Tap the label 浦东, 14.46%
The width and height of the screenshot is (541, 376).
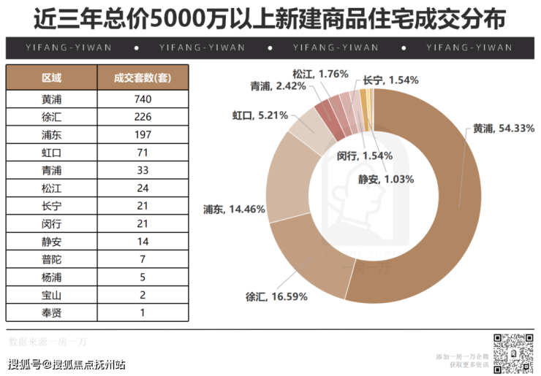pos(234,210)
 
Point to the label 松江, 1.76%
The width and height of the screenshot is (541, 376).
pos(319,74)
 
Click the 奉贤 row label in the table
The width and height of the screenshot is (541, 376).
pos(52,312)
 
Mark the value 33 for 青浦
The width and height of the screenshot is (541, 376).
pos(143,171)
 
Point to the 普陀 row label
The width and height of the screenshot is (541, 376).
pos(52,259)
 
